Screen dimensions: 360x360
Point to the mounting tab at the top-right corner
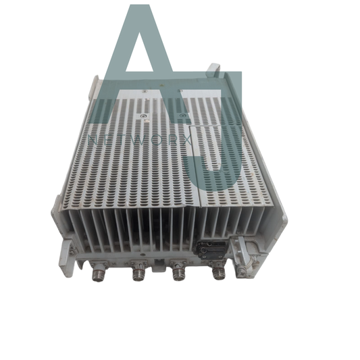[213, 69]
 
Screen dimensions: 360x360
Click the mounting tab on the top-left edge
[95, 86]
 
